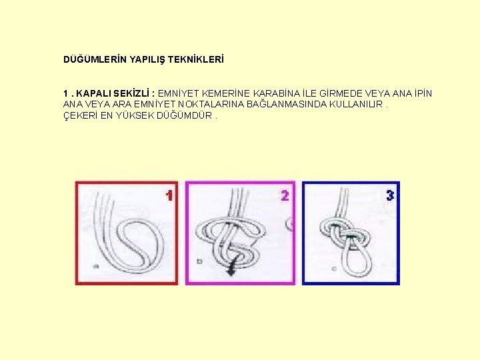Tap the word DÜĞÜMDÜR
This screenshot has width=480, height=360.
click(x=184, y=115)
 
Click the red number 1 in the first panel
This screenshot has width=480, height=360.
click(x=169, y=195)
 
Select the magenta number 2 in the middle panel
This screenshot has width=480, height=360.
click(x=285, y=195)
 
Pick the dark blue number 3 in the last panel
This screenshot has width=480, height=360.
click(x=390, y=195)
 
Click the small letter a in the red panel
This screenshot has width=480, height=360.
click(x=96, y=267)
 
